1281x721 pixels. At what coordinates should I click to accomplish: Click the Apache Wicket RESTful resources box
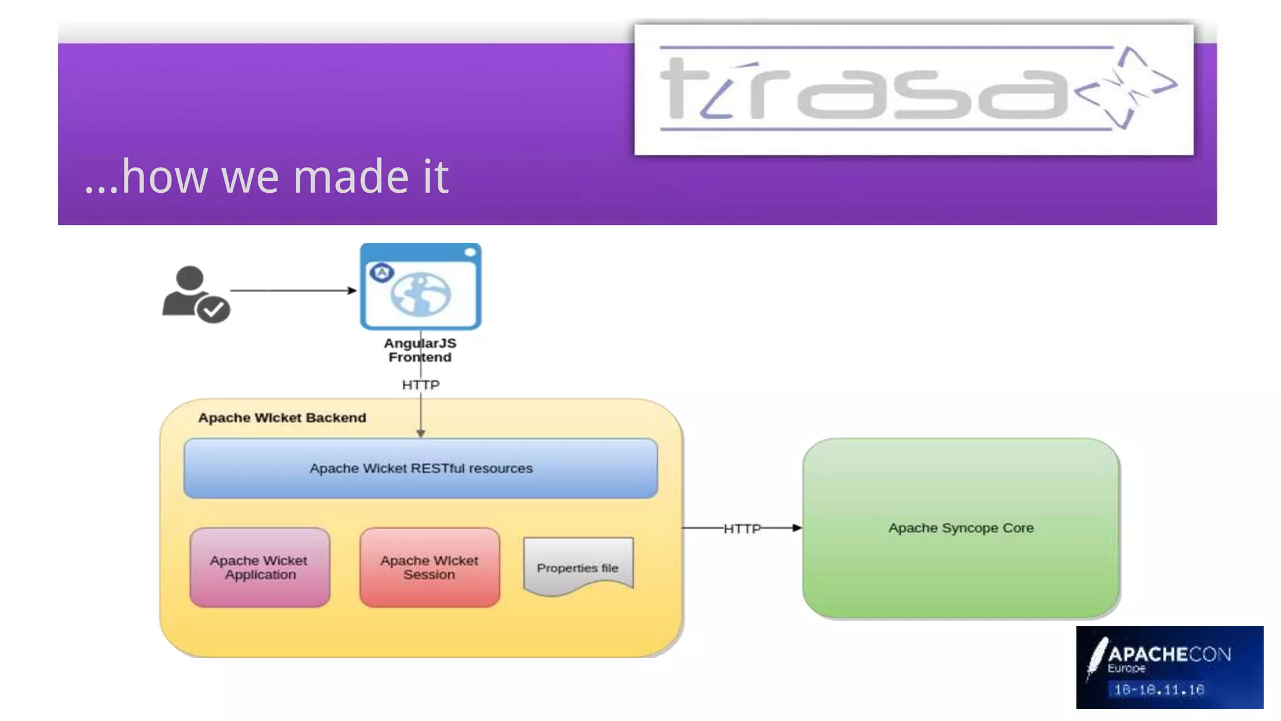(420, 468)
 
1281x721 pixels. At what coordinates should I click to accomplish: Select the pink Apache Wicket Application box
(260, 567)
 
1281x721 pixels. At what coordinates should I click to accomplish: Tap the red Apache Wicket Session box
(429, 567)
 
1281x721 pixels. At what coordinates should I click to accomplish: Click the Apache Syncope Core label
(961, 528)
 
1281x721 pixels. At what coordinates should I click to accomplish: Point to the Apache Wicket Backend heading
(282, 417)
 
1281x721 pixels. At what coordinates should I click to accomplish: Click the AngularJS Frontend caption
(420, 350)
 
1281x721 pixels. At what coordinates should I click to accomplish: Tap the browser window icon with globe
(420, 287)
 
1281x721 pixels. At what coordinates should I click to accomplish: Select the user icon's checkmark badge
(213, 309)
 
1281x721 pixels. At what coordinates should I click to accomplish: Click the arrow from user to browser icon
(293, 290)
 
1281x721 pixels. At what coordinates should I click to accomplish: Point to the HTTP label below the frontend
(420, 384)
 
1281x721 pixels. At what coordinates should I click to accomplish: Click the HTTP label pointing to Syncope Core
(742, 528)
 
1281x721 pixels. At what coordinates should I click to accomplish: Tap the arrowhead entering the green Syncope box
(796, 528)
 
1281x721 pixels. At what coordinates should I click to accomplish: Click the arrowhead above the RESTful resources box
(420, 433)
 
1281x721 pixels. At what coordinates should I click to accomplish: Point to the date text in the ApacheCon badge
(1158, 690)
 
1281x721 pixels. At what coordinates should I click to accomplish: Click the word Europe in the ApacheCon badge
(1126, 668)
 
